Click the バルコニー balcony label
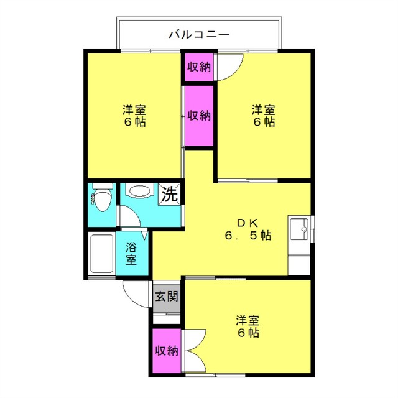pos(199,34)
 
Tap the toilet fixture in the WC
pos(102,197)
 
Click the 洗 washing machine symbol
pos(169,194)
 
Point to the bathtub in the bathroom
pos(102,254)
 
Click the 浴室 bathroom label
pos(131,254)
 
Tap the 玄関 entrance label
pos(167,296)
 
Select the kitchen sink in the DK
pos(299,229)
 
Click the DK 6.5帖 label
pos(248,229)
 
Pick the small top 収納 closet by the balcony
pos(199,67)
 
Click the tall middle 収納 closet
pos(199,116)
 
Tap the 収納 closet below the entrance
pos(167,351)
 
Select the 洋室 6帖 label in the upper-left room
pos(134,116)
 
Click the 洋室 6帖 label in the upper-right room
pos(264,116)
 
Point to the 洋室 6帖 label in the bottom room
pos(248,326)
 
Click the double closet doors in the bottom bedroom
pos(195,351)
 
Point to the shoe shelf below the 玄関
pos(167,318)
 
